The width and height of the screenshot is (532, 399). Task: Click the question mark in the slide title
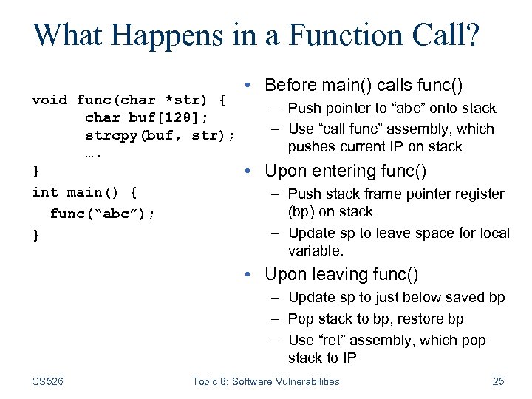coord(471,35)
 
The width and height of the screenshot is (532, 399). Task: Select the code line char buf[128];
coord(146,117)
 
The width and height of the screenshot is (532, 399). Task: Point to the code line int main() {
coord(84,193)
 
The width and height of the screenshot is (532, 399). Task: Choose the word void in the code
coord(50,100)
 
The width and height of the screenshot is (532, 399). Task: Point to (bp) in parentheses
coord(301,212)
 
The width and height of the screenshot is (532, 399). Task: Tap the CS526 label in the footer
coord(48,381)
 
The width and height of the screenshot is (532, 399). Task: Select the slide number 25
coord(498,381)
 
